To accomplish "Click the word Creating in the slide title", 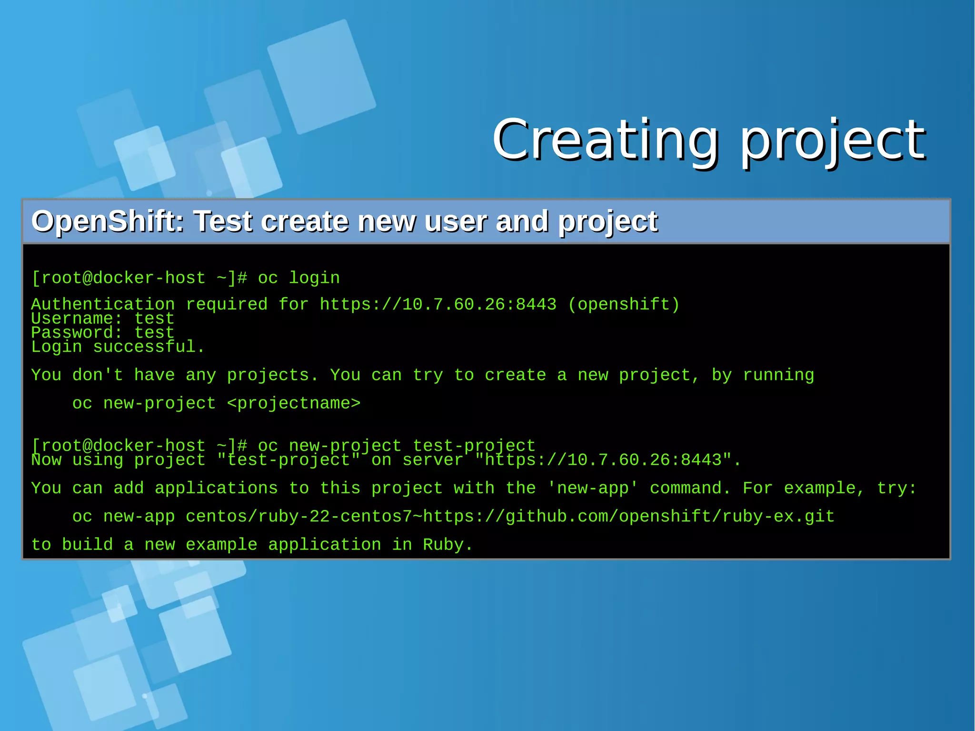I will [605, 140].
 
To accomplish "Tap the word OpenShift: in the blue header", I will [108, 221].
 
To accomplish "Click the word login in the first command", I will [314, 278].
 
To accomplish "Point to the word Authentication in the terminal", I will [103, 304].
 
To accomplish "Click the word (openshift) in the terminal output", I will [624, 304].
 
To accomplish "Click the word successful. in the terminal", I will [149, 347].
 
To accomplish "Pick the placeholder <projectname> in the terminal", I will [294, 403].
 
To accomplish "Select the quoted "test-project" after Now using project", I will [289, 460].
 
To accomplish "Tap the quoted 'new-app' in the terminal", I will [593, 488].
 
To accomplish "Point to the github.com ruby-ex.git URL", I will [628, 517].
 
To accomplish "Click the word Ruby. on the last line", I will [448, 545].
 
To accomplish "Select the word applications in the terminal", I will [216, 488].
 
